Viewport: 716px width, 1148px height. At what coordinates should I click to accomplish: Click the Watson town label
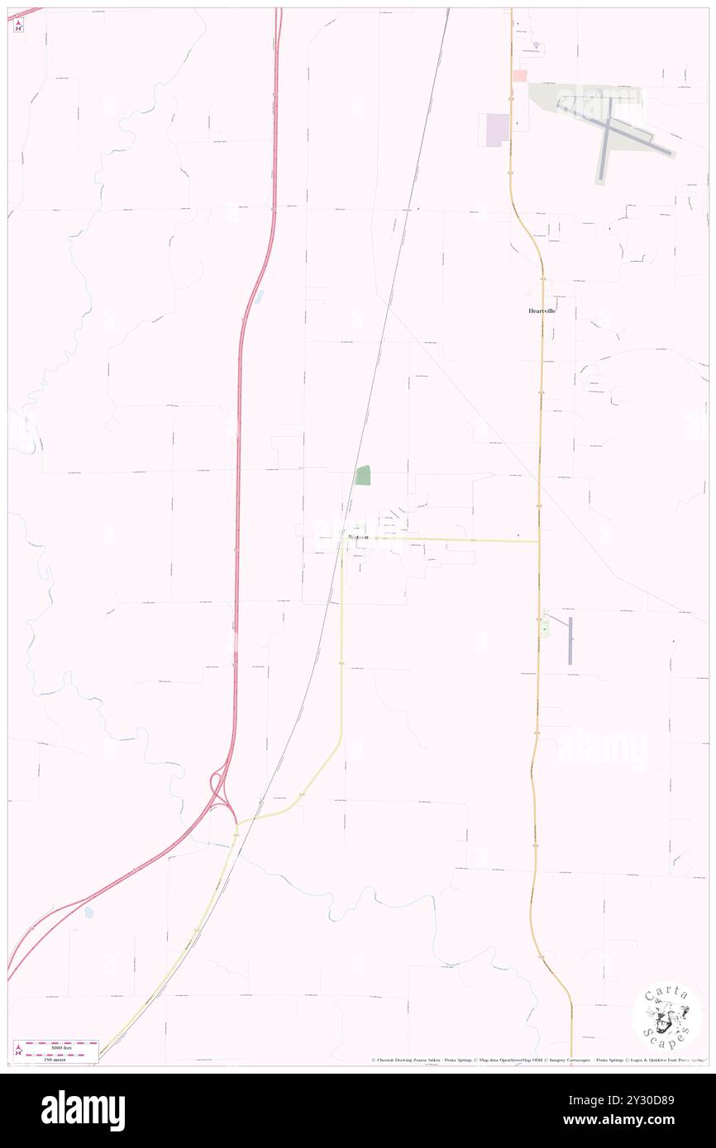coord(358,538)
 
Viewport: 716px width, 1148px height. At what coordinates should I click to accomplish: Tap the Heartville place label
coord(542,311)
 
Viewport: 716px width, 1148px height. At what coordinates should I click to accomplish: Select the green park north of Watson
coord(363,475)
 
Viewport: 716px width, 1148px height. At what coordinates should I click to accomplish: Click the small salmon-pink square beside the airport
coord(519,75)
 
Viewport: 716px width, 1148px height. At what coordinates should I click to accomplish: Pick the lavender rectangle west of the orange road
coord(497,130)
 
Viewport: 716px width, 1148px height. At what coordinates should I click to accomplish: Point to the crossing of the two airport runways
coord(610,124)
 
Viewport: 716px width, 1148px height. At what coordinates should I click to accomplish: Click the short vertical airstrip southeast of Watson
coord(570,640)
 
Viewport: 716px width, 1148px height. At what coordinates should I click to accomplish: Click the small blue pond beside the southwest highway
coord(89,913)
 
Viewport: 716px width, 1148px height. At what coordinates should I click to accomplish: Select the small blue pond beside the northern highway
coord(259,296)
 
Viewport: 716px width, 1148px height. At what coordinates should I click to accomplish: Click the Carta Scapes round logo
coord(666,1018)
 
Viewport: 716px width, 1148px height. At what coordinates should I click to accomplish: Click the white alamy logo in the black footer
coord(83,1110)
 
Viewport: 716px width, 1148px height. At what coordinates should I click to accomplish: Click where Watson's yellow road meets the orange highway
coord(539,542)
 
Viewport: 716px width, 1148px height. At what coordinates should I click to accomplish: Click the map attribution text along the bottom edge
coord(537,1060)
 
